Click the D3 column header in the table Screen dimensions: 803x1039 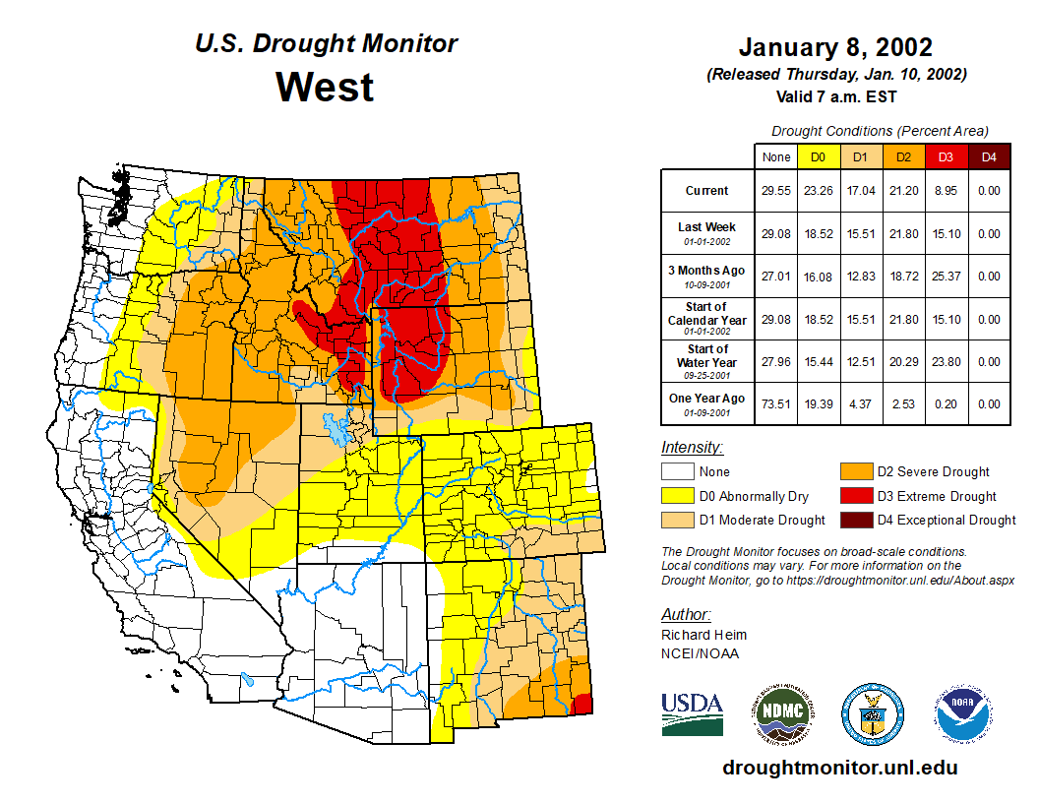[946, 157]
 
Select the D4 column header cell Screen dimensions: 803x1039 [989, 157]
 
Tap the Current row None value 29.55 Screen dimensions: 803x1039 [775, 191]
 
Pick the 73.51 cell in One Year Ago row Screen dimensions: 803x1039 [775, 403]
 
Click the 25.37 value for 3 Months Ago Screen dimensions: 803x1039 [946, 277]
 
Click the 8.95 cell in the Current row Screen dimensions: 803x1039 [946, 191]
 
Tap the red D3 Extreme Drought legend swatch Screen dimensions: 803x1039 [854, 496]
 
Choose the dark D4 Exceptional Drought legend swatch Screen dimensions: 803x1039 [854, 520]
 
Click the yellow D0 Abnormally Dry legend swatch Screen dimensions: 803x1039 [676, 496]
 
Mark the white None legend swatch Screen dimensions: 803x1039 [676, 472]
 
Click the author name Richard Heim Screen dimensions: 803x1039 [703, 635]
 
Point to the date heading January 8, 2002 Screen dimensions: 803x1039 [835, 47]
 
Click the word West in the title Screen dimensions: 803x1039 [325, 87]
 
